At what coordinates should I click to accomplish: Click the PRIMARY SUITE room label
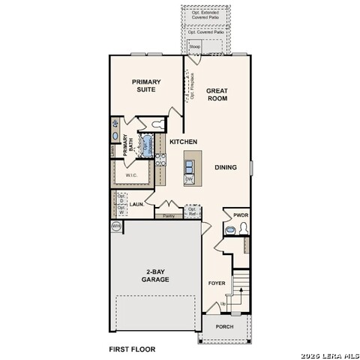pos(147,86)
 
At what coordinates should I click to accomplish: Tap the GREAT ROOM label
pos(217,94)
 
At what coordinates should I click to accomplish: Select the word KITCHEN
pos(183,142)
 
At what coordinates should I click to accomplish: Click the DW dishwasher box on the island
pos(189,179)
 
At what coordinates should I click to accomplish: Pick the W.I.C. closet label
pos(131,175)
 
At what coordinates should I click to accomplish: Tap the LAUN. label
pos(136,203)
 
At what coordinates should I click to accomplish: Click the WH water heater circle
pos(116,225)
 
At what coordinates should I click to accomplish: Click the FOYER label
pos(217,283)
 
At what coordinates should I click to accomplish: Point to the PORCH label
pos(224,327)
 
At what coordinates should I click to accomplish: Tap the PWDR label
pos(241,214)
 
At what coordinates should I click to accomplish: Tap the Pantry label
pos(169,216)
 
